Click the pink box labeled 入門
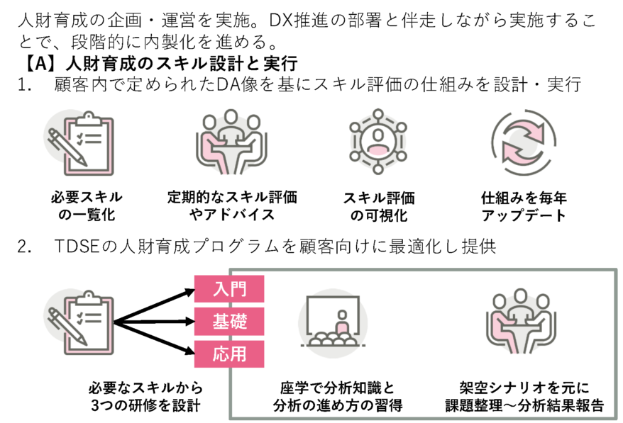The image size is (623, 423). point(229,289)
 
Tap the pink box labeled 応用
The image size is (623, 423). point(229,354)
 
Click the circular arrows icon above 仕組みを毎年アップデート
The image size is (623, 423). point(522,141)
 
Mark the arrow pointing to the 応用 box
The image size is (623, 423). point(156,339)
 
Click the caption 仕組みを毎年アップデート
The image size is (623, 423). point(524,206)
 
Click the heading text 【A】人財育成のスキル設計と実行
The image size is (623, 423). point(160,63)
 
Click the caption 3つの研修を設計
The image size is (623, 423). point(145,406)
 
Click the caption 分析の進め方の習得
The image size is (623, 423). point(337,406)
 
